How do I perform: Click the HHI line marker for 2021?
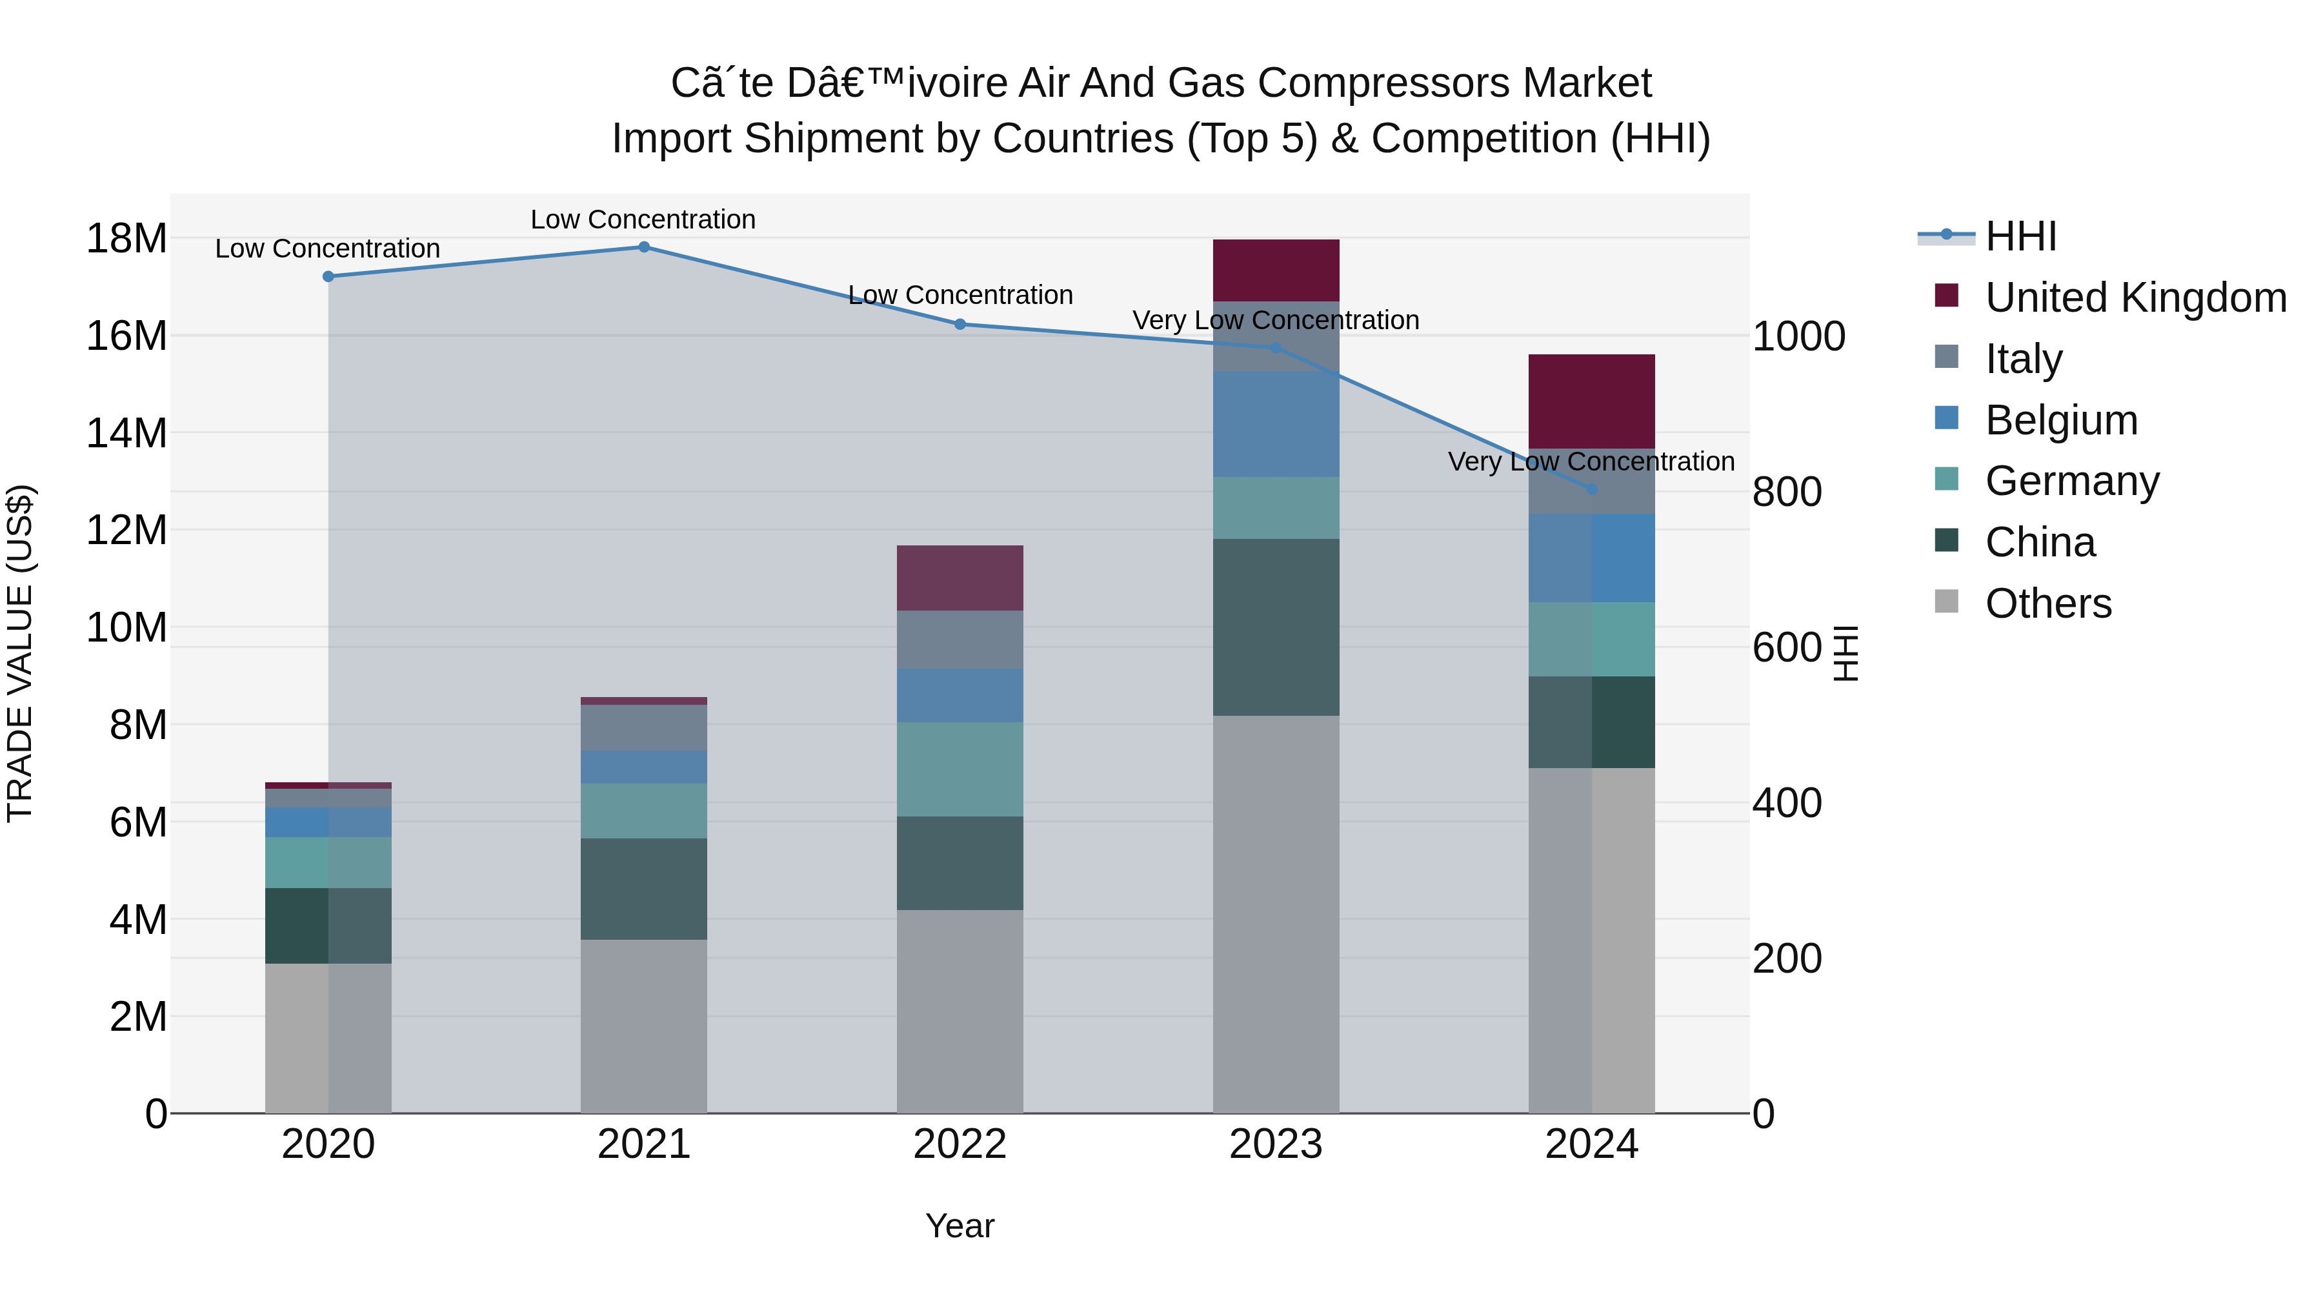click(x=644, y=247)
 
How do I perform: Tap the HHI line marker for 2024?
click(x=1592, y=489)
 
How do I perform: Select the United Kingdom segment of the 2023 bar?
click(x=1275, y=270)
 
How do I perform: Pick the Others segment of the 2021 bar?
click(x=644, y=1026)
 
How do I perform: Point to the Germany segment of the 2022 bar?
click(x=960, y=769)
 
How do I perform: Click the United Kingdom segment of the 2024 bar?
click(x=1592, y=401)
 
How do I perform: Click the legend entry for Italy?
click(x=2023, y=359)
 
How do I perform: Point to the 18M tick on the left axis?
click(x=126, y=239)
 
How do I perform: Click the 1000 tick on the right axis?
click(x=1798, y=338)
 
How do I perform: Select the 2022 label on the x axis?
click(x=960, y=1144)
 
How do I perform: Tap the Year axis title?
click(x=960, y=1226)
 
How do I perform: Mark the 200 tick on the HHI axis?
click(x=1786, y=959)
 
